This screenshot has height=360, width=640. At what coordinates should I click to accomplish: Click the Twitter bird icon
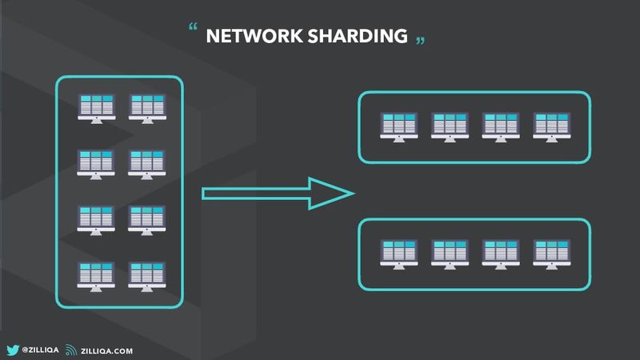coord(13,350)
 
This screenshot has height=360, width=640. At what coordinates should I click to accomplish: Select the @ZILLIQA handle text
coord(40,350)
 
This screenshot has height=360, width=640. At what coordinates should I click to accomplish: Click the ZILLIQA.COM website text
coord(107,350)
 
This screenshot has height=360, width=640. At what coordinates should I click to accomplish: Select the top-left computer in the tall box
coord(95,107)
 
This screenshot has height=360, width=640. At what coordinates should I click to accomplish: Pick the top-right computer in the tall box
coord(146,107)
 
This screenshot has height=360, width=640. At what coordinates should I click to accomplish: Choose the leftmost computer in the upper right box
coord(398,126)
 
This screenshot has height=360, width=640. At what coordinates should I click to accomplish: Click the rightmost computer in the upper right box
coord(550,126)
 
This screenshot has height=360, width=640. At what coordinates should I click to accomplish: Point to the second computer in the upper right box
coord(449,126)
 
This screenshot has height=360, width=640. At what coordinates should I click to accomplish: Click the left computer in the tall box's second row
coord(95,163)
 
